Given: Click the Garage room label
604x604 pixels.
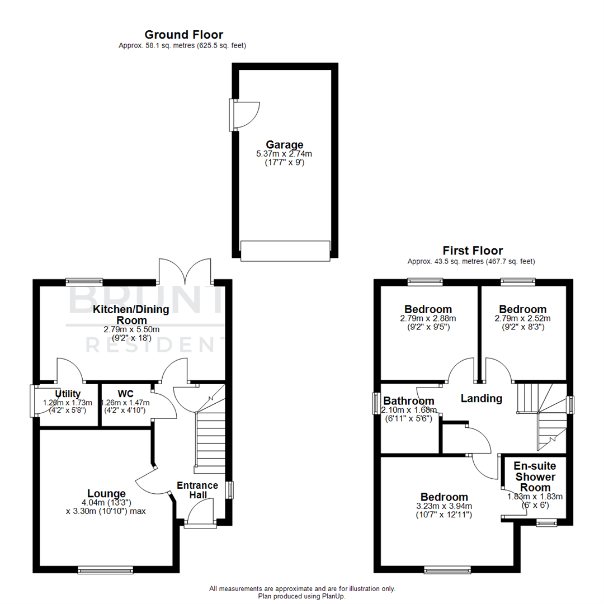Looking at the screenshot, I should pyautogui.click(x=285, y=145).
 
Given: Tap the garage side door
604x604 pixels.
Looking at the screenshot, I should pyautogui.click(x=244, y=115).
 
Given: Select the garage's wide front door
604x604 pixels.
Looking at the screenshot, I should pyautogui.click(x=285, y=250).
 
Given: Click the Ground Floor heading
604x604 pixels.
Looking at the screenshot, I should pyautogui.click(x=183, y=35).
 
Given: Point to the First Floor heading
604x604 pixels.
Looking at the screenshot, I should pyautogui.click(x=473, y=251).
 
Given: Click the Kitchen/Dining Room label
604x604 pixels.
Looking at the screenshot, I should pyautogui.click(x=120, y=314).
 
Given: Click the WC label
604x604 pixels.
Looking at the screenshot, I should pyautogui.click(x=125, y=393).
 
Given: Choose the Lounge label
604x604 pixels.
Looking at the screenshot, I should pyautogui.click(x=106, y=493).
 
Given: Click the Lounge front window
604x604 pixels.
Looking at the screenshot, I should pyautogui.click(x=106, y=570).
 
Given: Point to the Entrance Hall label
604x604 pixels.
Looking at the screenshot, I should pyautogui.click(x=197, y=490).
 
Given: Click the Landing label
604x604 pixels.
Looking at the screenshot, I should pyautogui.click(x=481, y=399).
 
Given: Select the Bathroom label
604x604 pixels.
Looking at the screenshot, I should pyautogui.click(x=409, y=400).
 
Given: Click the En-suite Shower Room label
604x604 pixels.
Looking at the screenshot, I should pyautogui.click(x=535, y=476).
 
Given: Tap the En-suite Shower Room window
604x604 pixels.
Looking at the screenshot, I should pyautogui.click(x=546, y=523).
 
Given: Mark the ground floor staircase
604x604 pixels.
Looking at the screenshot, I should pyautogui.click(x=210, y=436).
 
